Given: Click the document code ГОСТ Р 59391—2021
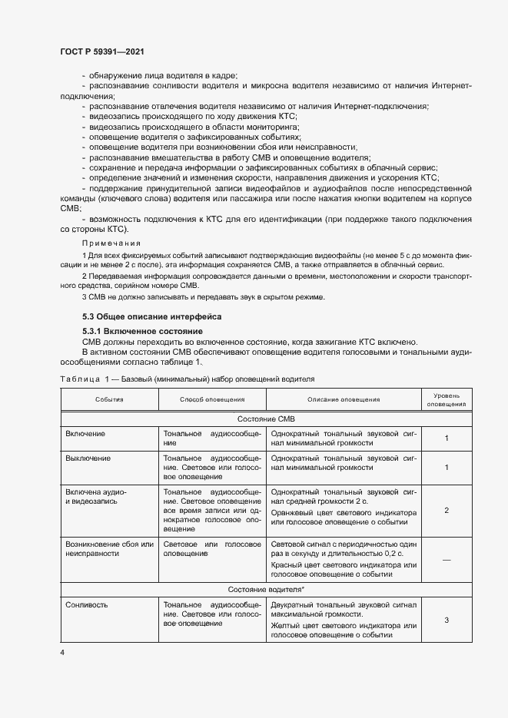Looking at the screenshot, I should [102, 51].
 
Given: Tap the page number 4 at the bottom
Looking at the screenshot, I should [62, 652].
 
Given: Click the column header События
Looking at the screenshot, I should [109, 399].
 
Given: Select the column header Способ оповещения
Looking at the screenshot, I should [212, 399].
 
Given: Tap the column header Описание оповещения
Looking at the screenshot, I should [344, 399].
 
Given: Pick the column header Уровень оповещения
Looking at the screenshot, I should [447, 399].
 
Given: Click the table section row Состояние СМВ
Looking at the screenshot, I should [267, 419].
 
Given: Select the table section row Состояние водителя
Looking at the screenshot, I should [266, 589].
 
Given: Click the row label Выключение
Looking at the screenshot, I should [88, 458].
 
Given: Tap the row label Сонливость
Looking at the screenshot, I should [87, 604].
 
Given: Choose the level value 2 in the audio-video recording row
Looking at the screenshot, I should [447, 510].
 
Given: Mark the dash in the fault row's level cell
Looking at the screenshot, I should [447, 559].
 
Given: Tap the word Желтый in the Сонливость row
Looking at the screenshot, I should [287, 627].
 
